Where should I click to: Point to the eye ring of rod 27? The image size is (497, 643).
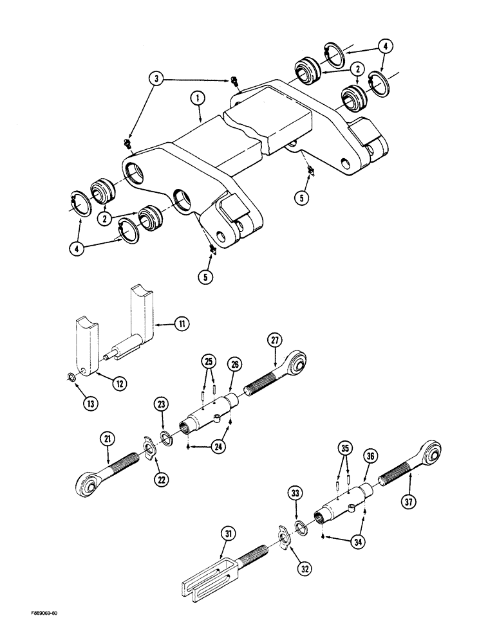298,365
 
